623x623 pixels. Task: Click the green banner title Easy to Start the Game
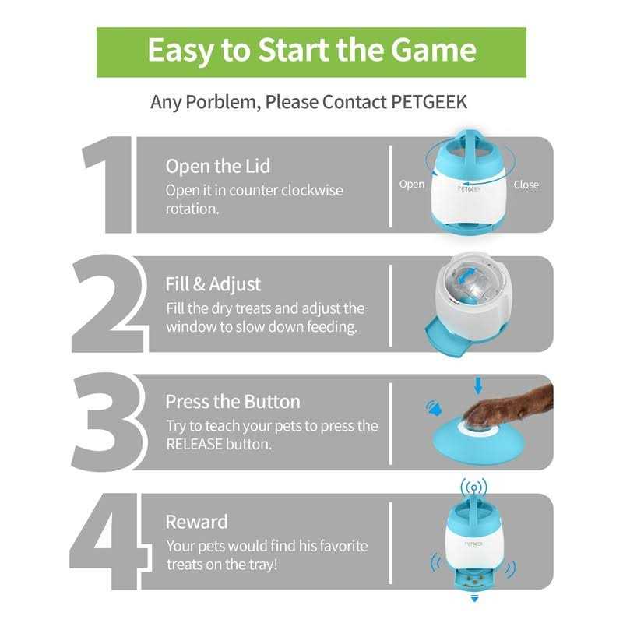[x=311, y=51]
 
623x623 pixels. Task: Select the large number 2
[x=109, y=304]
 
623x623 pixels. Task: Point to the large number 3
[x=109, y=423]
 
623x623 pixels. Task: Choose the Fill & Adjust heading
[x=213, y=284]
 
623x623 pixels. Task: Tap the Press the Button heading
[x=232, y=402]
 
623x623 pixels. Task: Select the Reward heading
[x=196, y=521]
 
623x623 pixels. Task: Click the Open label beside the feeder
[x=412, y=185]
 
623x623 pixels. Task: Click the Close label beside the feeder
[x=526, y=185]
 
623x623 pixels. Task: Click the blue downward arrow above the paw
[x=478, y=384]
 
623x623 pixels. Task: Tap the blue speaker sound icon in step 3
[x=431, y=407]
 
